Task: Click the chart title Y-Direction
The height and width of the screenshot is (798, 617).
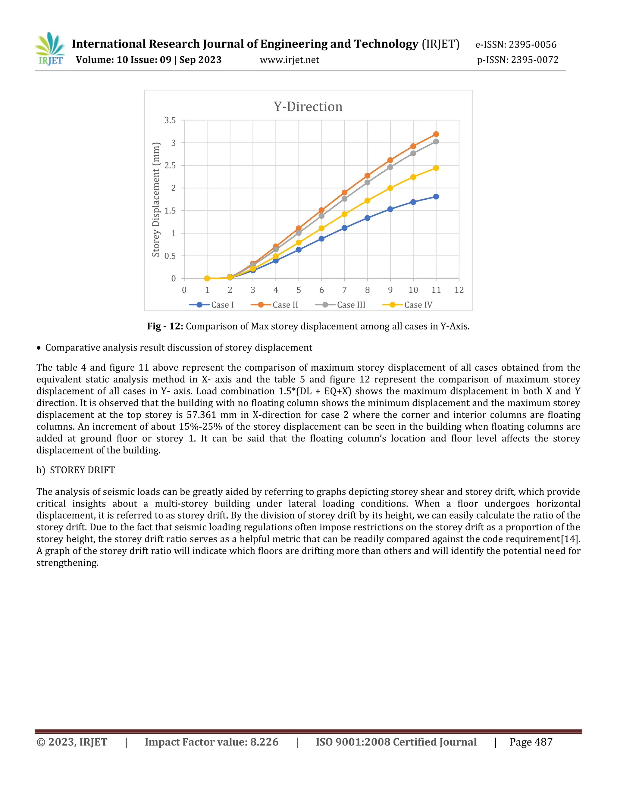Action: [308, 107]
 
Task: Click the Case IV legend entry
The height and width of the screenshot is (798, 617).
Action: [408, 305]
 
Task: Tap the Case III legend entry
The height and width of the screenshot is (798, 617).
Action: [340, 305]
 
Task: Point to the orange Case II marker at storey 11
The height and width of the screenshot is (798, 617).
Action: [436, 134]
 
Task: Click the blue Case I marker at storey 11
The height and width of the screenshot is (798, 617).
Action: [436, 197]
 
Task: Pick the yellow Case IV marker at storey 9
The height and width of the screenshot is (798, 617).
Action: [390, 188]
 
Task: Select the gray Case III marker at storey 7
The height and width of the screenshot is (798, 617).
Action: [344, 199]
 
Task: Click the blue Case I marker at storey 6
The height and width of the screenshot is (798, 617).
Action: [321, 238]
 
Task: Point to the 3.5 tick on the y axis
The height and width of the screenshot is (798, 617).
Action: [170, 120]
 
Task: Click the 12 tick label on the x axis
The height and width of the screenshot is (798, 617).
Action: [459, 290]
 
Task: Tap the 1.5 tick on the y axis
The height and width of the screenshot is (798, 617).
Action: [170, 211]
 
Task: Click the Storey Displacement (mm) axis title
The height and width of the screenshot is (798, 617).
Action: [156, 199]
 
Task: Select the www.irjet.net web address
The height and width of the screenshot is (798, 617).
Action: [289, 60]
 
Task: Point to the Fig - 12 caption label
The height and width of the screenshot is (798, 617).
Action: [165, 326]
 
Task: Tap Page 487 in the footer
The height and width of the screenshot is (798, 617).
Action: [531, 742]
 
